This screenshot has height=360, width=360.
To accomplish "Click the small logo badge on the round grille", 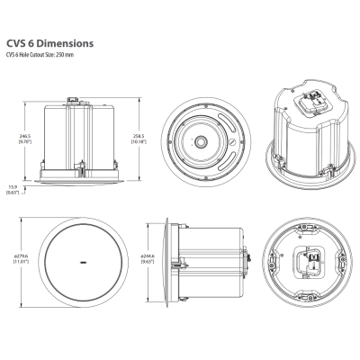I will pos(85,262).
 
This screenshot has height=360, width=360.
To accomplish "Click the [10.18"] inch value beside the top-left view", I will pos(138,141).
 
